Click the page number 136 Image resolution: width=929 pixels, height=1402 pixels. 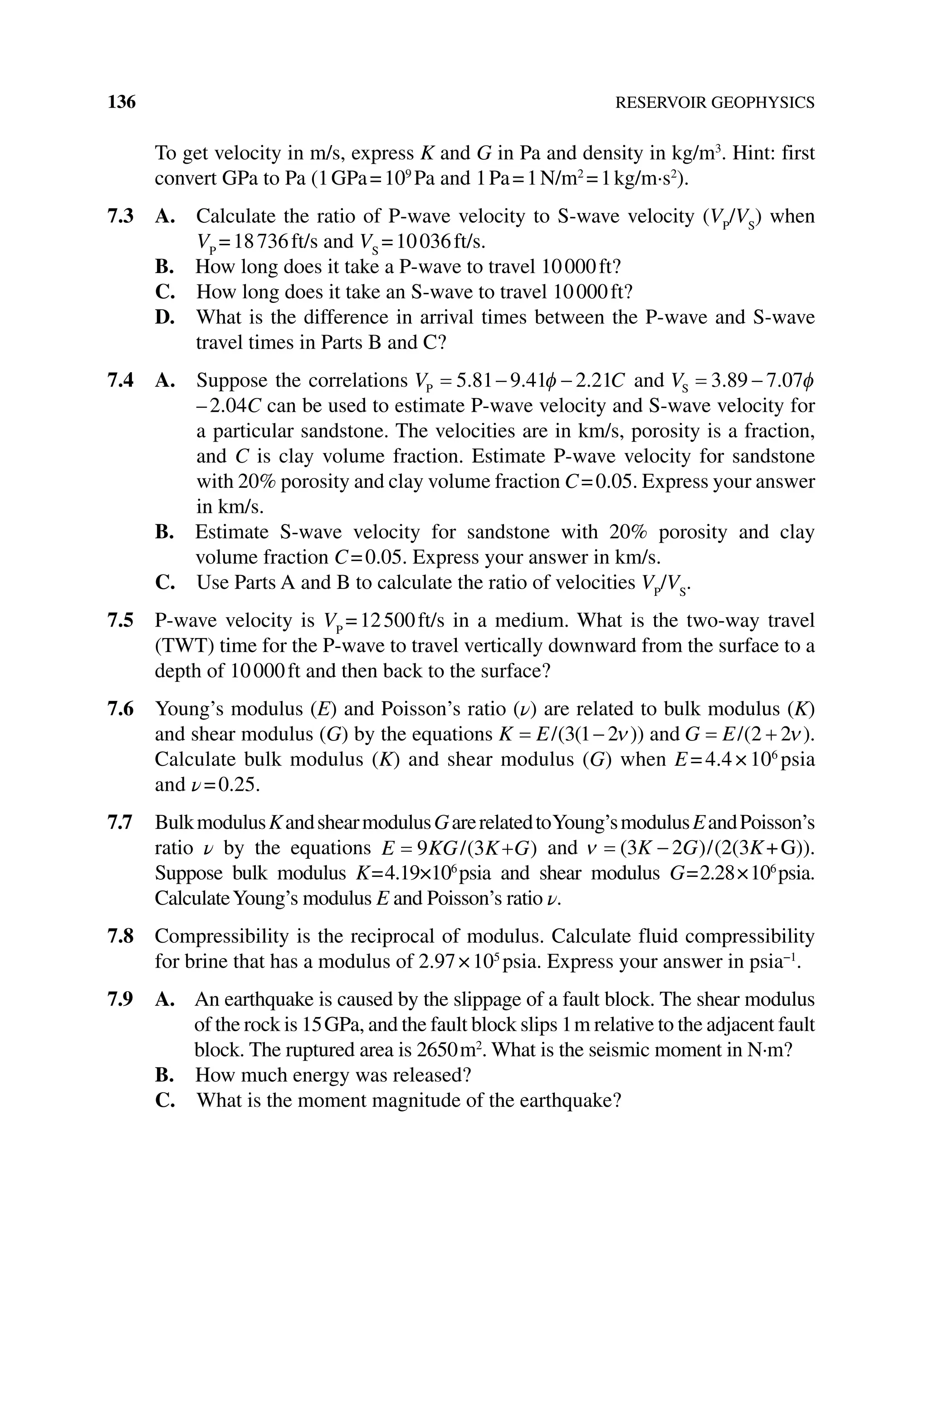[122, 102]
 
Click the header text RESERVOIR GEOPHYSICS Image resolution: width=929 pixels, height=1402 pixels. [714, 103]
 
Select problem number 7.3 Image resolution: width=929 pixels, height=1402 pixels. [121, 217]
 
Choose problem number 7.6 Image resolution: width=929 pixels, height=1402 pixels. [121, 709]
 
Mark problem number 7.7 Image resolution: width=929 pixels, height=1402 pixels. [121, 823]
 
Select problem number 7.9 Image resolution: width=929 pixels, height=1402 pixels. [121, 1000]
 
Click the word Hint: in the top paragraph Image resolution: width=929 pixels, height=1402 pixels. [754, 154]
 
